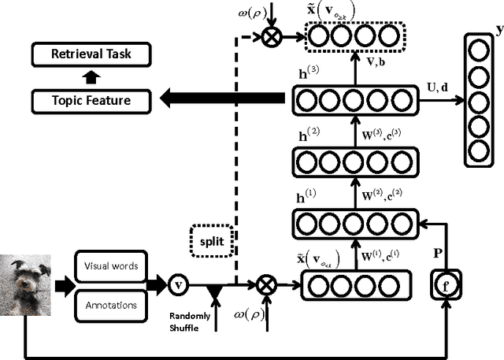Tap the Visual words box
(111, 266)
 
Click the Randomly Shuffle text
(190, 322)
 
